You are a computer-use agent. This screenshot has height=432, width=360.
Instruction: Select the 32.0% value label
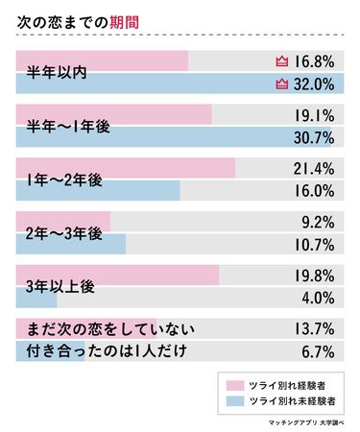[x=313, y=84]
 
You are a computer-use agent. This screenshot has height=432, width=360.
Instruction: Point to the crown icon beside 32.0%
[x=281, y=84]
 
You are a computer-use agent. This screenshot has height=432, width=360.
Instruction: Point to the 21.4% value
[x=314, y=169]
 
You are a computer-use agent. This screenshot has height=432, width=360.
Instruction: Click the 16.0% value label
[x=314, y=190]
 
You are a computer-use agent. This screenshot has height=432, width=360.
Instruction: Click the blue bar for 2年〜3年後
[x=71, y=244]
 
